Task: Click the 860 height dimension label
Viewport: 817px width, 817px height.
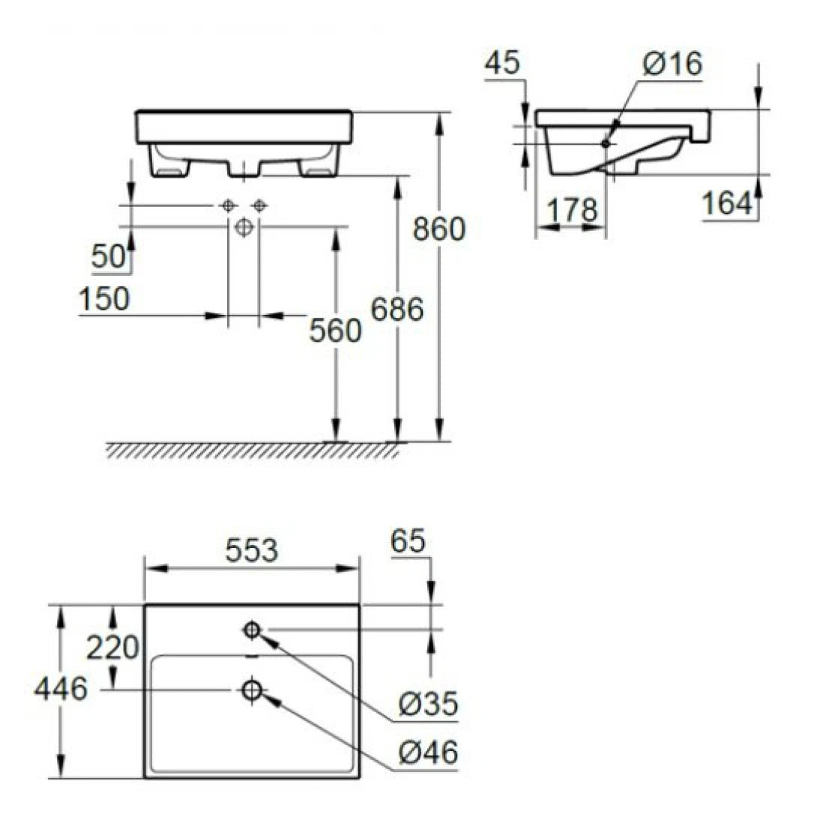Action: point(439,229)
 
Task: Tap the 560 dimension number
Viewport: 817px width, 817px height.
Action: point(335,330)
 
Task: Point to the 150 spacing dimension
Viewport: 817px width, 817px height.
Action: point(104,300)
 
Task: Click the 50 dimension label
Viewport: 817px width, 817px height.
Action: point(107,257)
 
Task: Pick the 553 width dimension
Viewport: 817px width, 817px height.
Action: point(252,551)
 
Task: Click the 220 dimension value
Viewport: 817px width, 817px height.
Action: point(112,648)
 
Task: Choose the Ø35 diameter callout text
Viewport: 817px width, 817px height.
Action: point(428,705)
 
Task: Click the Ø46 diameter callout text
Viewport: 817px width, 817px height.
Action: point(428,753)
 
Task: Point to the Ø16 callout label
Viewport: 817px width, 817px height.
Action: point(672,65)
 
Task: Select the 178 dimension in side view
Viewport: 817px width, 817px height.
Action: point(571,211)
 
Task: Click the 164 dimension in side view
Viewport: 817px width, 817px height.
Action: point(727,203)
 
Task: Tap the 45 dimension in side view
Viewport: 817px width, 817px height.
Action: point(502,64)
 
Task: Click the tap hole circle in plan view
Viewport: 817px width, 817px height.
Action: point(252,630)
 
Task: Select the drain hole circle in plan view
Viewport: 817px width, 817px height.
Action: point(252,690)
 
